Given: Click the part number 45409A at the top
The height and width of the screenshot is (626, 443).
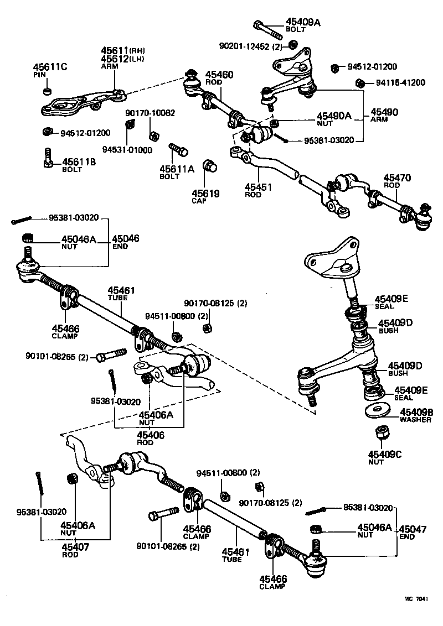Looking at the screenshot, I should (303, 23).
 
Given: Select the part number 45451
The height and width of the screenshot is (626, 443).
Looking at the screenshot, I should (257, 187).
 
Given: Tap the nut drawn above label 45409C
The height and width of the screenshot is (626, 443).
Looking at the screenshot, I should (380, 433).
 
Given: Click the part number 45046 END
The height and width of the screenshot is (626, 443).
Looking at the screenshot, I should (125, 242).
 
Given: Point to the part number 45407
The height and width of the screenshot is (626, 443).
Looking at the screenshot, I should (75, 547).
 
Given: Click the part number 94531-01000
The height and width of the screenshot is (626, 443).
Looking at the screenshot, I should (127, 150).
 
